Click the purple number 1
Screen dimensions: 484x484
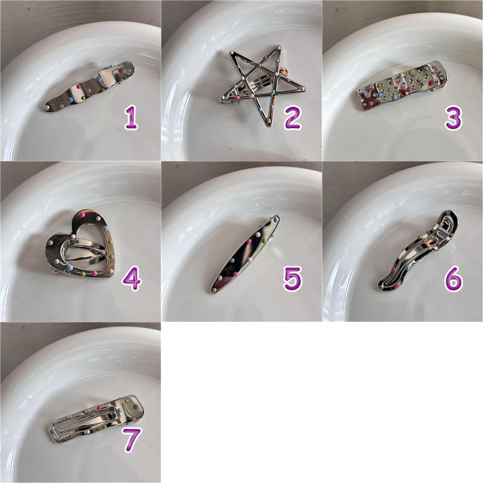131,118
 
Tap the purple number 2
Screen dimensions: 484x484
292,117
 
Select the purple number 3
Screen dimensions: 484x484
453,117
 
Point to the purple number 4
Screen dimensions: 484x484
131,279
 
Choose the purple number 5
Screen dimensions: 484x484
292,279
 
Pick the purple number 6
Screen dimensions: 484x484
453,279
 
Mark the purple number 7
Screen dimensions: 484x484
132,440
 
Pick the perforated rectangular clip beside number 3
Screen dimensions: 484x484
401,85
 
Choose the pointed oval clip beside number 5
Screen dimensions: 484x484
246,253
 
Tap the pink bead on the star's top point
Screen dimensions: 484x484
279,48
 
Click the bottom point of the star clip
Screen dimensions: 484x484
267,125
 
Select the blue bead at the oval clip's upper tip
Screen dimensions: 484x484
276,220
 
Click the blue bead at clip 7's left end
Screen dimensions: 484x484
53,430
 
